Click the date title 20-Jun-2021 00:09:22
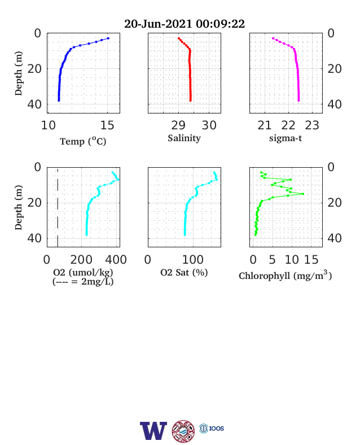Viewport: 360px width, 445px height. pyautogui.click(x=185, y=24)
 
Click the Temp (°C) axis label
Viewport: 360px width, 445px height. pyautogui.click(x=83, y=141)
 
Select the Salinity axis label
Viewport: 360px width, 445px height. pyautogui.click(x=185, y=138)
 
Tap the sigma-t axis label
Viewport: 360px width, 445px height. pyautogui.click(x=286, y=138)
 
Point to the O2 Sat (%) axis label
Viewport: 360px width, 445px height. pyautogui.click(x=184, y=272)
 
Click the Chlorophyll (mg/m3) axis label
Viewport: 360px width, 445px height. pyautogui.click(x=285, y=275)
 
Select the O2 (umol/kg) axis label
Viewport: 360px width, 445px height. pyautogui.click(x=83, y=272)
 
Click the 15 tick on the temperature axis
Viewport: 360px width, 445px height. pyautogui.click(x=107, y=125)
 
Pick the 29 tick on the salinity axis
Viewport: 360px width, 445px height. pyautogui.click(x=178, y=125)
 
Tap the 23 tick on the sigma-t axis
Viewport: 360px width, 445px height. pyautogui.click(x=312, y=125)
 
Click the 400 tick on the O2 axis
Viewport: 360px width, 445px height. pyautogui.click(x=116, y=259)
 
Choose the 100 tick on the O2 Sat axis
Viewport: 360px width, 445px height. pyautogui.click(x=193, y=259)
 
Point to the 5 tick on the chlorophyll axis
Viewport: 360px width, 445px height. pyautogui.click(x=272, y=259)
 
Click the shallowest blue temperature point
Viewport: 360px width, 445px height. pyautogui.click(x=108, y=38)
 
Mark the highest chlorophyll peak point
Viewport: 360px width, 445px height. pyautogui.click(x=303, y=194)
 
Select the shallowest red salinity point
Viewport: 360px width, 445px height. pyautogui.click(x=178, y=38)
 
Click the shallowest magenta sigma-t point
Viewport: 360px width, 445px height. pyautogui.click(x=273, y=38)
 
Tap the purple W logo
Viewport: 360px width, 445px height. pyautogui.click(x=153, y=431)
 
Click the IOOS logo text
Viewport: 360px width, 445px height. pyautogui.click(x=217, y=428)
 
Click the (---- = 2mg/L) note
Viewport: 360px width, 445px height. pyautogui.click(x=83, y=282)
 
